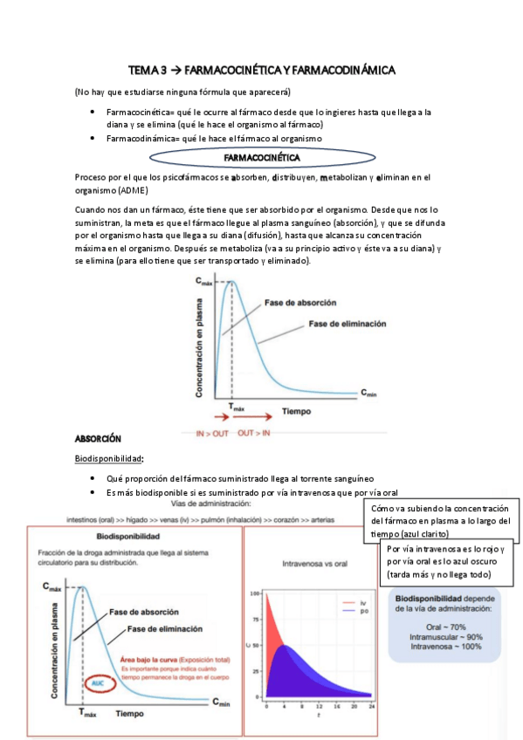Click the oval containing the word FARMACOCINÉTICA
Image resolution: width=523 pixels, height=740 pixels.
[x=262, y=158]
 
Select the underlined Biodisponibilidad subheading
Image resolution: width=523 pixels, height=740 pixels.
[x=109, y=459]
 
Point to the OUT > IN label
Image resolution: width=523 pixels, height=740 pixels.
[x=253, y=432]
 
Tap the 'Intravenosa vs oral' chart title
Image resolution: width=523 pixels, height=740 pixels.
[x=314, y=564]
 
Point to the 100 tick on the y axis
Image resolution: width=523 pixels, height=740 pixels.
[x=256, y=593]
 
